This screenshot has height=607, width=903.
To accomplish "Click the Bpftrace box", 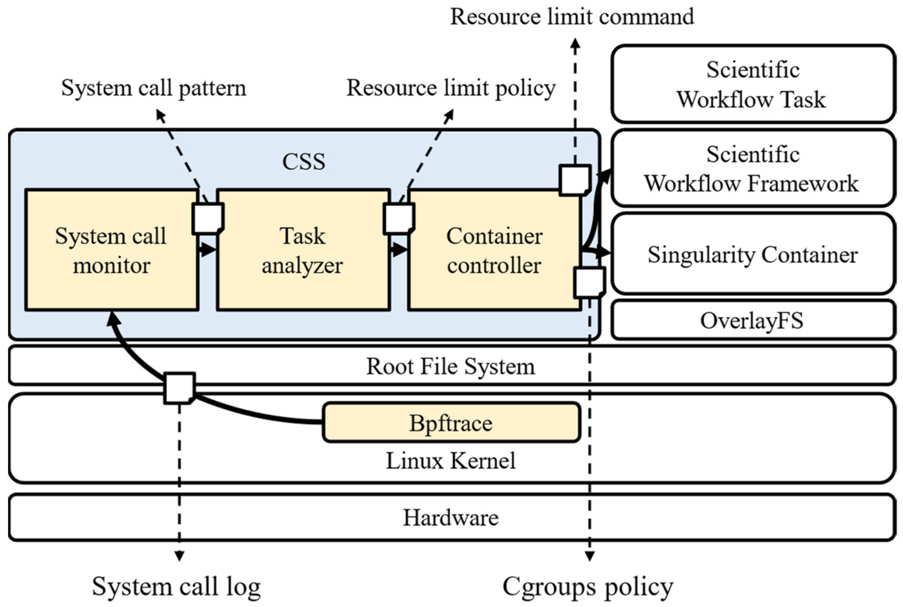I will [x=451, y=423].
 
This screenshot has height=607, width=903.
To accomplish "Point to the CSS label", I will [x=304, y=161].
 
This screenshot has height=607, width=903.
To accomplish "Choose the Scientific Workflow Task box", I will [x=753, y=84].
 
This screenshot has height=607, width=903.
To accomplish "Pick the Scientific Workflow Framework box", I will [x=753, y=169].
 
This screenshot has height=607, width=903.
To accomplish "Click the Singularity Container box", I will [x=753, y=254].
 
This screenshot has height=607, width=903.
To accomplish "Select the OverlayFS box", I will [x=753, y=321].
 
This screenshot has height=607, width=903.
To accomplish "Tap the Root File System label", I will [x=451, y=366].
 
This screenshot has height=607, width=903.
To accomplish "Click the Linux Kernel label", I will [x=451, y=461].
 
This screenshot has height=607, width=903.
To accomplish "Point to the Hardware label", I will [x=451, y=518].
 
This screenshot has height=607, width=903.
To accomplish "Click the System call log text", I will [x=176, y=586].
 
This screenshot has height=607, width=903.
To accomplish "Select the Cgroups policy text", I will [x=588, y=586].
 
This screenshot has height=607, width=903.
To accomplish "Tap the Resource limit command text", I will [x=572, y=16].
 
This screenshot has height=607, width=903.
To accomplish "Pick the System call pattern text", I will [x=154, y=88].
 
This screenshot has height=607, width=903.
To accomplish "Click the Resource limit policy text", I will [x=451, y=88].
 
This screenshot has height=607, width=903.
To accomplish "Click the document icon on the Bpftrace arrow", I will [x=179, y=388].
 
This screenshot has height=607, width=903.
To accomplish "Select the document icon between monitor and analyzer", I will [x=208, y=219].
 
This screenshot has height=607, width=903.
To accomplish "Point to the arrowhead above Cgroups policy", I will [x=590, y=556].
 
